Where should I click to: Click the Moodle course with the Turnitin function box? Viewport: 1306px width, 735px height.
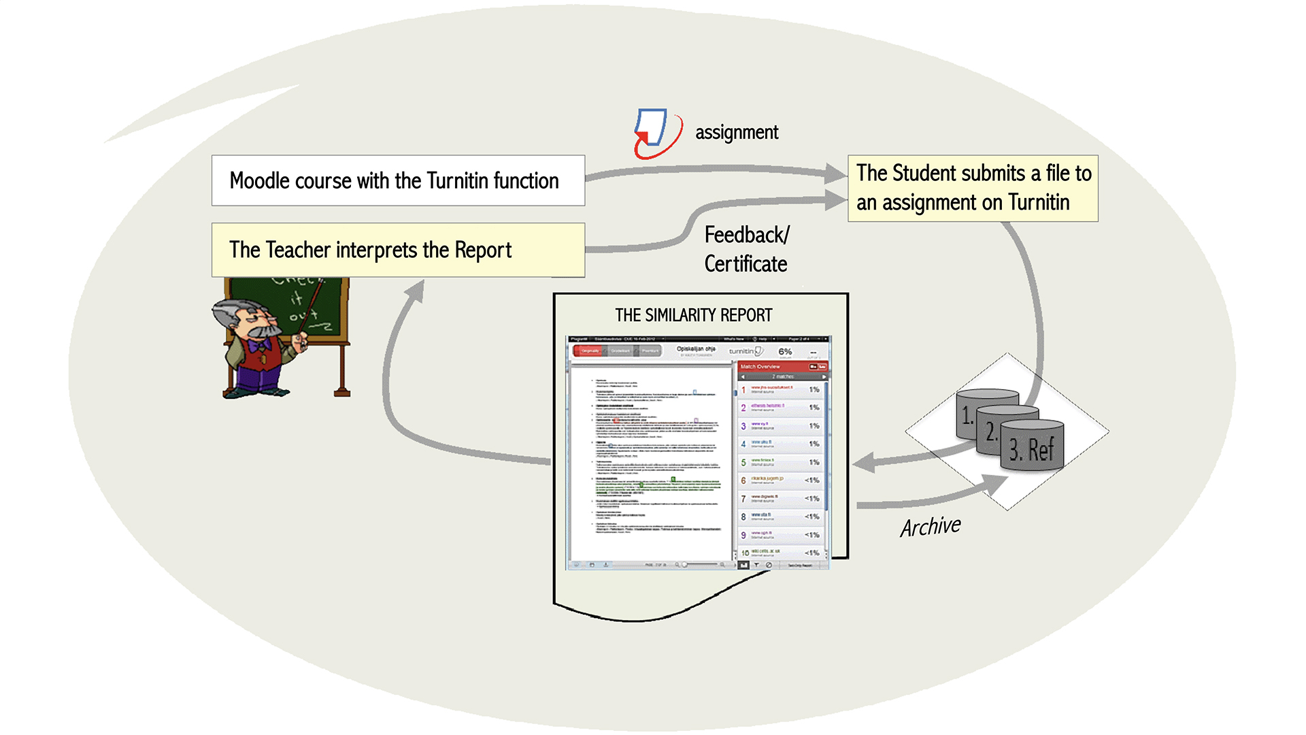pos(398,180)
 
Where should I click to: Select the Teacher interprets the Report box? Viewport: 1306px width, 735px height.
pos(398,250)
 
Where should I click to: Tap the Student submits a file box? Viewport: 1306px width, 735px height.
pos(973,188)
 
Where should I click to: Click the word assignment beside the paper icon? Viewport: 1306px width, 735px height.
pos(737,132)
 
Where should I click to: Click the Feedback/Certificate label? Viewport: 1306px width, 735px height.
pos(746,249)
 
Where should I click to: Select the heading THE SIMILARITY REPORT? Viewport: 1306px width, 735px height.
pos(693,315)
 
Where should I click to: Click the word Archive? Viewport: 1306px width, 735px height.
pos(931,526)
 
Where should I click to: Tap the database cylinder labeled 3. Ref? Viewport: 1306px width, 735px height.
pos(1032,446)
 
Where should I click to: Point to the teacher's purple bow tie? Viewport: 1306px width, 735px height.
pos(258,346)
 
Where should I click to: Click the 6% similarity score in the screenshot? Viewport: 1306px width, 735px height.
pos(785,351)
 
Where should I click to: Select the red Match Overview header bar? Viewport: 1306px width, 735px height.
pos(782,367)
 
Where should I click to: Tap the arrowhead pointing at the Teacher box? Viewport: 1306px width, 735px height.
pos(414,291)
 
